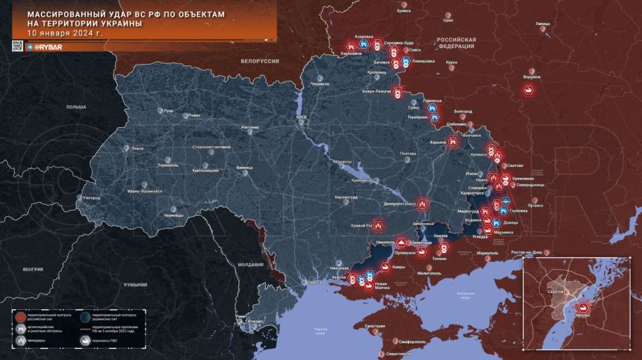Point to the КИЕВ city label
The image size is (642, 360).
pyautogui.click(x=302, y=118)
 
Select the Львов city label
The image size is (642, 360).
pyautogui.click(x=137, y=148)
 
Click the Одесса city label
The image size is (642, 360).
pyautogui.click(x=313, y=282)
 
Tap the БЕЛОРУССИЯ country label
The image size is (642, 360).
pyautogui.click(x=260, y=60)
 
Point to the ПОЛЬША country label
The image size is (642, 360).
pyautogui.click(x=76, y=107)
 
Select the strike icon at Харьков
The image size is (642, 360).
pyautogui.click(x=453, y=141)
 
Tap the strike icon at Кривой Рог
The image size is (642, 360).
pyautogui.click(x=378, y=226)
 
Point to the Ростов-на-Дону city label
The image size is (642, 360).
pyautogui.click(x=528, y=252)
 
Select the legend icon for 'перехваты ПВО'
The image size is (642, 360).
pyautogui.click(x=85, y=340)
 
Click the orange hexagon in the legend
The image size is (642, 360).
pyautogui.click(x=21, y=316)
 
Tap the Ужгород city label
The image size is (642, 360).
pyautogui.click(x=91, y=198)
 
